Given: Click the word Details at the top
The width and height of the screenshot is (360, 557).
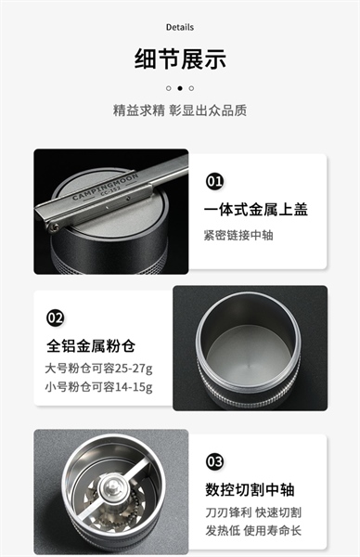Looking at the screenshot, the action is coord(180,27).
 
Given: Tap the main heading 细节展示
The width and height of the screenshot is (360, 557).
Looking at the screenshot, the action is coord(180,58).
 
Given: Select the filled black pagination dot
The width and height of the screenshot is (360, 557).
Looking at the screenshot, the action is coord(180,88).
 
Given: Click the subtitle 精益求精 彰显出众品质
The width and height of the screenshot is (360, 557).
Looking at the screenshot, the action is coord(180,110).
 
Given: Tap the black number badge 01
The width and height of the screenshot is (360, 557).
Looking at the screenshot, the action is coord(214,181).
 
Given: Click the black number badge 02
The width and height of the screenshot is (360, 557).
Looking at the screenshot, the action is coord(55,317).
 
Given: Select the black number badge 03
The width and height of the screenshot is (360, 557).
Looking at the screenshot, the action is coord(214,461).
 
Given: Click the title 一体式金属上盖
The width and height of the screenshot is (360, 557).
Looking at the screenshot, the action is coord(256,210).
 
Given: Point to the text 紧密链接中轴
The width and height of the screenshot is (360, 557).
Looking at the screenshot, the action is coord(238,235).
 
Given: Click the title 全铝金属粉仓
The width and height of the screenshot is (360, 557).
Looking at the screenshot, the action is coord(91,345).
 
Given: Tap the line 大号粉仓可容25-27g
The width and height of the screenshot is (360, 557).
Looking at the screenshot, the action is coord(98,369).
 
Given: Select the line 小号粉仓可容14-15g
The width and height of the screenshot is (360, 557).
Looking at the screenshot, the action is coord(98,386).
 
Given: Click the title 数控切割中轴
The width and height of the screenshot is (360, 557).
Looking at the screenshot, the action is coord(250,489).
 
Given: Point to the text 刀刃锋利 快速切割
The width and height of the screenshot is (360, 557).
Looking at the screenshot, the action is coord(253,512).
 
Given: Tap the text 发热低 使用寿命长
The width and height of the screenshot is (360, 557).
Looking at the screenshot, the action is coord(253,531).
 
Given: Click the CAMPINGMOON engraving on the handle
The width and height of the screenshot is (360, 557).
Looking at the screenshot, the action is coord(105,187).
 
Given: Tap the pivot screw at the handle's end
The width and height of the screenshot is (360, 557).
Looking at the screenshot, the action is coord(54,227).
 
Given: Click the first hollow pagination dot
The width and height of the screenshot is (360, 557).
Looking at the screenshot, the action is coord(169,88).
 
